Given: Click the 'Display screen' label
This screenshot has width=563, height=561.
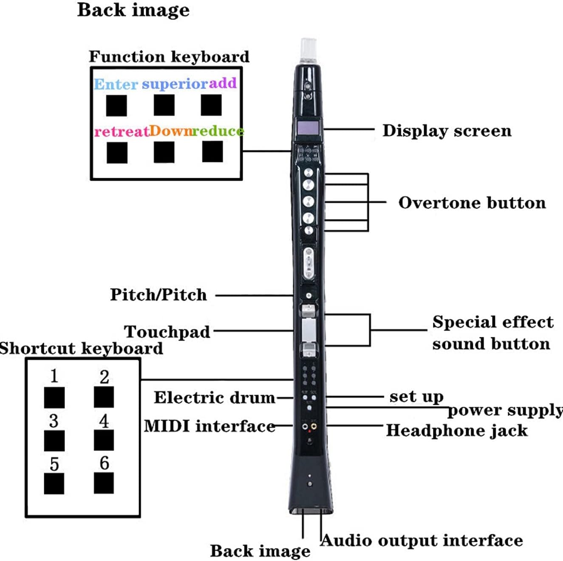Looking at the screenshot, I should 447,131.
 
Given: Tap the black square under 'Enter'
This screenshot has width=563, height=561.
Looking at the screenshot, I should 116,105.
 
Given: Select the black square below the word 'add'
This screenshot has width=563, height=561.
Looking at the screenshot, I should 211,105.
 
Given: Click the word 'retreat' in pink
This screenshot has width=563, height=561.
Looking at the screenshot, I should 122,131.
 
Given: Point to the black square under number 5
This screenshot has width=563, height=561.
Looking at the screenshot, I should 54,483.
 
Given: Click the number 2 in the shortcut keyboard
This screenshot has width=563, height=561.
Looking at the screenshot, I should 104,377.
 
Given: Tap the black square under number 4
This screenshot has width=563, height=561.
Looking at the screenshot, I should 104,440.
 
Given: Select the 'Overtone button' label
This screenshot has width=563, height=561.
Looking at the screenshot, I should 472,203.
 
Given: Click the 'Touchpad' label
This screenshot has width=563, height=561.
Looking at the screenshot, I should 167,332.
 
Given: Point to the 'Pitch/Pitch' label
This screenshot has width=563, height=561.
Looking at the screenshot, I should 158,295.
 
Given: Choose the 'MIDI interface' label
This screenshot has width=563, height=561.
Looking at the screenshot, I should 209,426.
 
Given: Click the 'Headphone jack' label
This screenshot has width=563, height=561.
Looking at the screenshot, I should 457,430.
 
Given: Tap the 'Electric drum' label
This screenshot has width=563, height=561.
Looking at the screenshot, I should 215,398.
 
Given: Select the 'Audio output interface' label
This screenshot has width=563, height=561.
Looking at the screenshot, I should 422,541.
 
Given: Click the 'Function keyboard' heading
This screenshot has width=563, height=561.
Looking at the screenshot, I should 169,57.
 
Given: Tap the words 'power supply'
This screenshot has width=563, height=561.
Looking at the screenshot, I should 505,410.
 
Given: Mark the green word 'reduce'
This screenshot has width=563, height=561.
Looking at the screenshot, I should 218,131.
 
